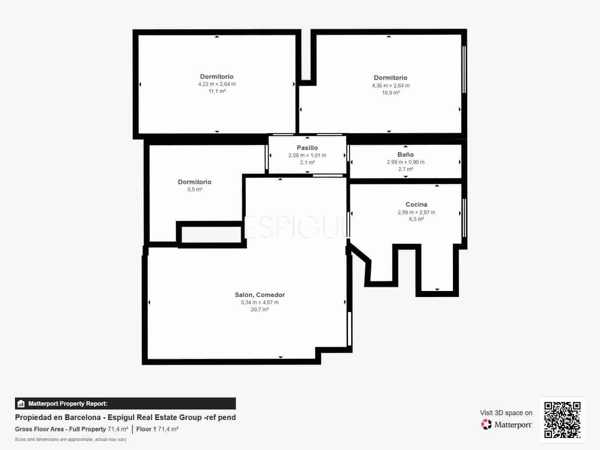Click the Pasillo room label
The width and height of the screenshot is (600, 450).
[307, 148]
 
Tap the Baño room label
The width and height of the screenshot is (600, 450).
[405, 154]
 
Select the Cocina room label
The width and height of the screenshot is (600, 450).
[416, 204]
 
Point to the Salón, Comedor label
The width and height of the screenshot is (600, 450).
[259, 295]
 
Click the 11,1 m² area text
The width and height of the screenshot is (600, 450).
[217, 91]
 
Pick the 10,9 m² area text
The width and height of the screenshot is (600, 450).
[391, 93]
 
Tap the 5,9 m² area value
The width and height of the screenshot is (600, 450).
[195, 189]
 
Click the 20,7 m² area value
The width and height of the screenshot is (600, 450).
[259, 309]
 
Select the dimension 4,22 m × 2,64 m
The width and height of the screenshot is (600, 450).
[217, 84]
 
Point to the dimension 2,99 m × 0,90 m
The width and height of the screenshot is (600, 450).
[405, 162]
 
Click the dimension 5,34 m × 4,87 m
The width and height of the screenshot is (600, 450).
[259, 302]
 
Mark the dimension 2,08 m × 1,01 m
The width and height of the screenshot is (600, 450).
[307, 155]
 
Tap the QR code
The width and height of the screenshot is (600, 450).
[562, 420]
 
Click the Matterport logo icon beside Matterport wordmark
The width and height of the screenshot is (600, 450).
[486, 424]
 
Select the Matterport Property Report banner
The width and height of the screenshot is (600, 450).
[126, 403]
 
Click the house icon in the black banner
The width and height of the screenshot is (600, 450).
[21, 403]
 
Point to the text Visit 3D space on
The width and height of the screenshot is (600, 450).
[506, 413]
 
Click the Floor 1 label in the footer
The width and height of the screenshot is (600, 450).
[146, 429]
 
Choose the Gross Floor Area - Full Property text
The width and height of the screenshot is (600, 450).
[60, 429]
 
